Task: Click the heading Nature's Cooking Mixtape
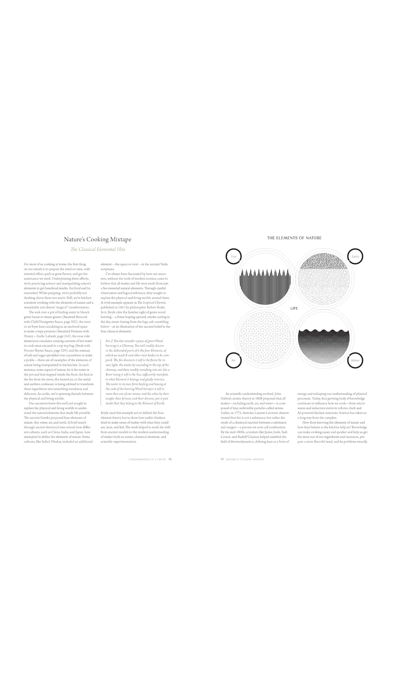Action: (98, 240)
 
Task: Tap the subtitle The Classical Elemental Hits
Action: (98, 249)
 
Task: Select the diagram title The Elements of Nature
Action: (294, 238)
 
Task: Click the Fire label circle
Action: (234, 256)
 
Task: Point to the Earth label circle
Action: (355, 256)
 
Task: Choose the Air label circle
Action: (234, 360)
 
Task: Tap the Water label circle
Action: (355, 360)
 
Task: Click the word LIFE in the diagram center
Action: (294, 308)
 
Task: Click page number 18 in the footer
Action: (170, 459)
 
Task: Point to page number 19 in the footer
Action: (222, 459)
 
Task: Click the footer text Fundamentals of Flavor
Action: (147, 459)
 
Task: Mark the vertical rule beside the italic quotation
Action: (101, 372)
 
